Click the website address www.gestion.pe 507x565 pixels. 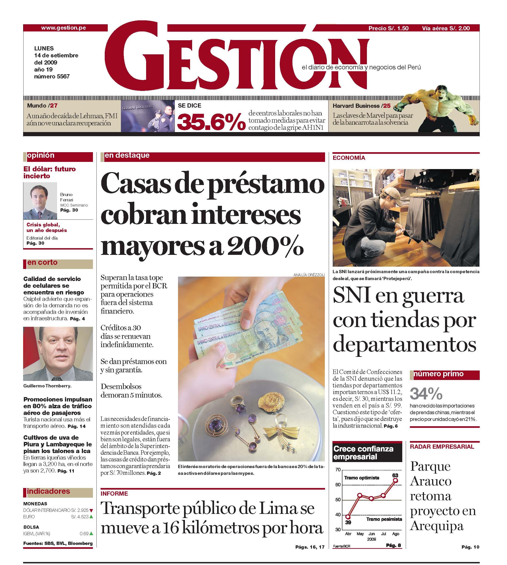[x=63, y=28]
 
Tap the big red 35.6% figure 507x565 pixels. [x=211, y=122]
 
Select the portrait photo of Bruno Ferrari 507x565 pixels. [x=40, y=201]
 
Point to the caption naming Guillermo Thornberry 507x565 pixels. [x=47, y=386]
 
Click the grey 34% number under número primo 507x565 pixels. [x=426, y=394]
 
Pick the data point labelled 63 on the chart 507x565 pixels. [x=395, y=480]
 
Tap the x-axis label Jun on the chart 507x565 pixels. [x=372, y=534]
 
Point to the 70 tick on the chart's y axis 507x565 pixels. [x=338, y=470]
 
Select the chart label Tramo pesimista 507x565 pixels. [x=384, y=519]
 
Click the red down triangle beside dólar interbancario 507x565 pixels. [x=91, y=510]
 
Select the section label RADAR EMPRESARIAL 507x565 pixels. [x=442, y=447]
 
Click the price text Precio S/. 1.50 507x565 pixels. [x=388, y=28]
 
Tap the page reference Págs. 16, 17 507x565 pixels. [x=310, y=547]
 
